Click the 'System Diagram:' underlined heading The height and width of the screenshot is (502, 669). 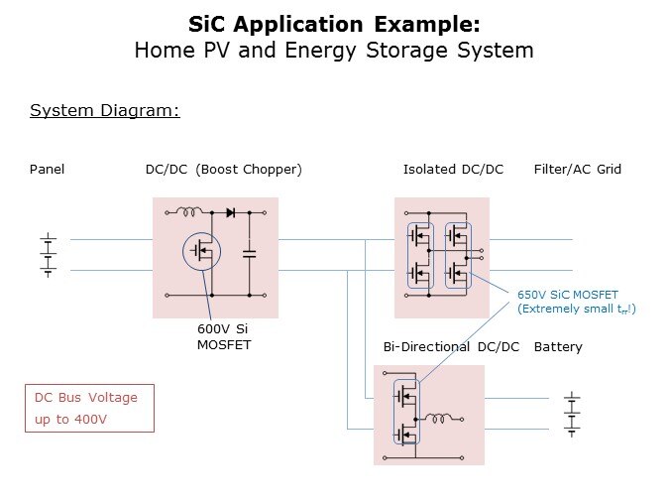[105, 110]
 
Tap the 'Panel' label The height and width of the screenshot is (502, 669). [47, 170]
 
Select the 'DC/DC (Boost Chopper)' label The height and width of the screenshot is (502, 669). [223, 170]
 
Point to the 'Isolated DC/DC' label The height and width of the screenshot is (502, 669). [453, 170]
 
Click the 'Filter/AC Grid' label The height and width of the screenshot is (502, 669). [578, 170]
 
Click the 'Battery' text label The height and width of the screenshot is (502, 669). [558, 347]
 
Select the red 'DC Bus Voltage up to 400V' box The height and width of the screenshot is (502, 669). [89, 408]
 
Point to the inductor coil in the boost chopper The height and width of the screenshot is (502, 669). [189, 211]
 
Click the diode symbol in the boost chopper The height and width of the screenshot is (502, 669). [230, 212]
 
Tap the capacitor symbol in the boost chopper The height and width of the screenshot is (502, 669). [249, 254]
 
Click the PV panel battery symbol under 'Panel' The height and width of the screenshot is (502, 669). [47, 255]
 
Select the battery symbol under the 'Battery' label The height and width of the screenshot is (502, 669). [571, 414]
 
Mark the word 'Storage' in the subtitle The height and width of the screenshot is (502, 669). [425, 50]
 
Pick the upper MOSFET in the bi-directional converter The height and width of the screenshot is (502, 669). [404, 398]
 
